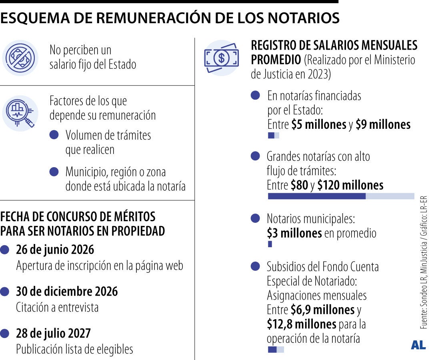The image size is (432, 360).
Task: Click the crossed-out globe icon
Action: pos(20,58)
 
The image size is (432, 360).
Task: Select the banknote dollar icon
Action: pos(221,58)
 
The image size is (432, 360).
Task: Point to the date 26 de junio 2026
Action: pos(55,250)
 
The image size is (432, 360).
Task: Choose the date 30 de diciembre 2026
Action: pos(67,292)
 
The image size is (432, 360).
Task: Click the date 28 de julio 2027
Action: pos(53,333)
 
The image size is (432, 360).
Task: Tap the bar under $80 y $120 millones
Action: pos(341,196)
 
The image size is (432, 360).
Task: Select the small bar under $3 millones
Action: pos(270,244)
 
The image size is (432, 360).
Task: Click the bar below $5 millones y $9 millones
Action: pos(273,136)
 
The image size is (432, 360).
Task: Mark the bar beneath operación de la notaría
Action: pos(275,350)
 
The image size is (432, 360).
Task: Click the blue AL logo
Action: pos(418,345)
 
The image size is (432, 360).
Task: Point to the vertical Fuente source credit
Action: pos(424,262)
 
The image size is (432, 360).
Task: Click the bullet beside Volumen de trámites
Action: pos(54,135)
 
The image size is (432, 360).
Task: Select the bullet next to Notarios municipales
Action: pos(255,218)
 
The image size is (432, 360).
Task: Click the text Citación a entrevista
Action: pos(57,307)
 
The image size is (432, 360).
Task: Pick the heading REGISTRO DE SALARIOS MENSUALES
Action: pos(334,45)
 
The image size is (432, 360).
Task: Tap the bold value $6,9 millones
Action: pos(322,310)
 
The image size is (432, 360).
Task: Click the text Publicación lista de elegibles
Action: pos(74,349)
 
